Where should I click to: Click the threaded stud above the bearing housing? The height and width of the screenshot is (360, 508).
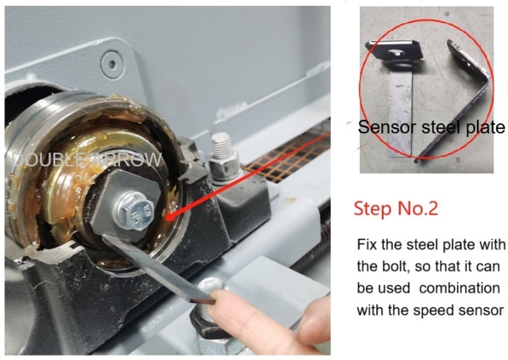[222, 146]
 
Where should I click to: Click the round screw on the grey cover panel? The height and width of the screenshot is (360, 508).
[112, 64]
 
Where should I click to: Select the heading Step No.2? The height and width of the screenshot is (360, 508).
[396, 208]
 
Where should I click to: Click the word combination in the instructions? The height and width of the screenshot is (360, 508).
[460, 289]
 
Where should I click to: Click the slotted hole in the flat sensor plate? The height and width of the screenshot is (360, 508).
[395, 52]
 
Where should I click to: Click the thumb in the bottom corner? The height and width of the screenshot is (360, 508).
[314, 325]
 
